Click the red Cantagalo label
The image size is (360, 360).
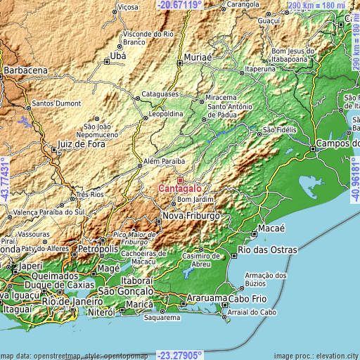[x=181, y=188]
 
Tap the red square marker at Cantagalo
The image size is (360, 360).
[x=180, y=180]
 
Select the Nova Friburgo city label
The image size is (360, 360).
[x=191, y=215]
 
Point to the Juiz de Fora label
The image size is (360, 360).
[x=77, y=144]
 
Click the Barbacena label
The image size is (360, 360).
[x=25, y=71]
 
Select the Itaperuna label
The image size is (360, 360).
[x=259, y=70]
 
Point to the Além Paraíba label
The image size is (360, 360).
[x=164, y=160]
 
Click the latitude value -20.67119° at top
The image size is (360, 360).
[x=179, y=5]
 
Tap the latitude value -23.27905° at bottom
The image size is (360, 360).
[x=180, y=355]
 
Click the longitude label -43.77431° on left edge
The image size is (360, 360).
[x=6, y=179]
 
